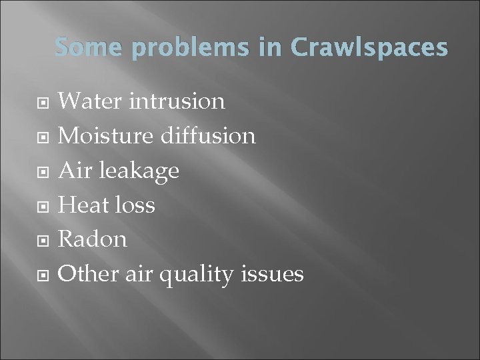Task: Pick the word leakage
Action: pyautogui.click(x=138, y=171)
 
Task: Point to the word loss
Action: pyautogui.click(x=135, y=205)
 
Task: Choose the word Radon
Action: pyautogui.click(x=93, y=239)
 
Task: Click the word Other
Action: pyautogui.click(x=88, y=273)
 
